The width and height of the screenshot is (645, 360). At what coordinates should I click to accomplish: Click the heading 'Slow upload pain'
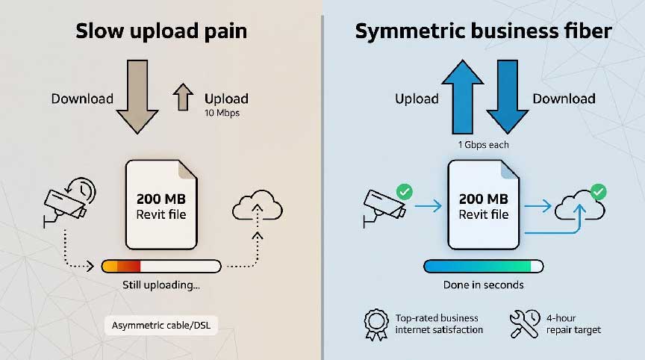pos(161,31)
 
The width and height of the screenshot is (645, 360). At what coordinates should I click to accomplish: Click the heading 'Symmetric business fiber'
pos(483,31)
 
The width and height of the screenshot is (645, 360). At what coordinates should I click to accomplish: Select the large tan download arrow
pos(137,96)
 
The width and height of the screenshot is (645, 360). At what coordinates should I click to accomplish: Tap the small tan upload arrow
pos(183,97)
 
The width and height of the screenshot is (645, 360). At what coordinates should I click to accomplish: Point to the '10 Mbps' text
pos(222,113)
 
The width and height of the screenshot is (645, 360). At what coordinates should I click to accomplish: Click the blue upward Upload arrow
pos(462,96)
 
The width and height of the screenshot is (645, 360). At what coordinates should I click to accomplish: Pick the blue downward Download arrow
pos(507,96)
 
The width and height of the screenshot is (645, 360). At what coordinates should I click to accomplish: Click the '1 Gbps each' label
pos(483,145)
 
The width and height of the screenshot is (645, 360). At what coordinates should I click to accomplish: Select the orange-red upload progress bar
pos(161,266)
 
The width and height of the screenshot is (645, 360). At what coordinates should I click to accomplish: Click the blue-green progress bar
pos(483,266)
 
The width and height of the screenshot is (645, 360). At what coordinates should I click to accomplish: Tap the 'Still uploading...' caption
pos(161,285)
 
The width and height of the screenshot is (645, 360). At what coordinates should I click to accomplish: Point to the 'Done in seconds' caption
pos(483,285)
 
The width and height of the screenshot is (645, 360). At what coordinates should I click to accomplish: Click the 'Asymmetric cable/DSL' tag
pos(161,326)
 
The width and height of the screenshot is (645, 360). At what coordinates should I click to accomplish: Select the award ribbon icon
pos(376,325)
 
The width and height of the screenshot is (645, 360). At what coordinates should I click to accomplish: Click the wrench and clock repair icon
pos(525,324)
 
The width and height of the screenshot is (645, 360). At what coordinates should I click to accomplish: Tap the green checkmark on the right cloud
pos(598,192)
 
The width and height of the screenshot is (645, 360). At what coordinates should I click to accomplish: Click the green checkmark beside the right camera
pos(405,192)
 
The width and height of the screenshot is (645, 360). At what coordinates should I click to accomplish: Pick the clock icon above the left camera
pos(82,190)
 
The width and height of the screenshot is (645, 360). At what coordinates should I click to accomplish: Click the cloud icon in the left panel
pos(258,205)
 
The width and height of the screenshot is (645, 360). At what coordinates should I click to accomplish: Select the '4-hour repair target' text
pos(573,324)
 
